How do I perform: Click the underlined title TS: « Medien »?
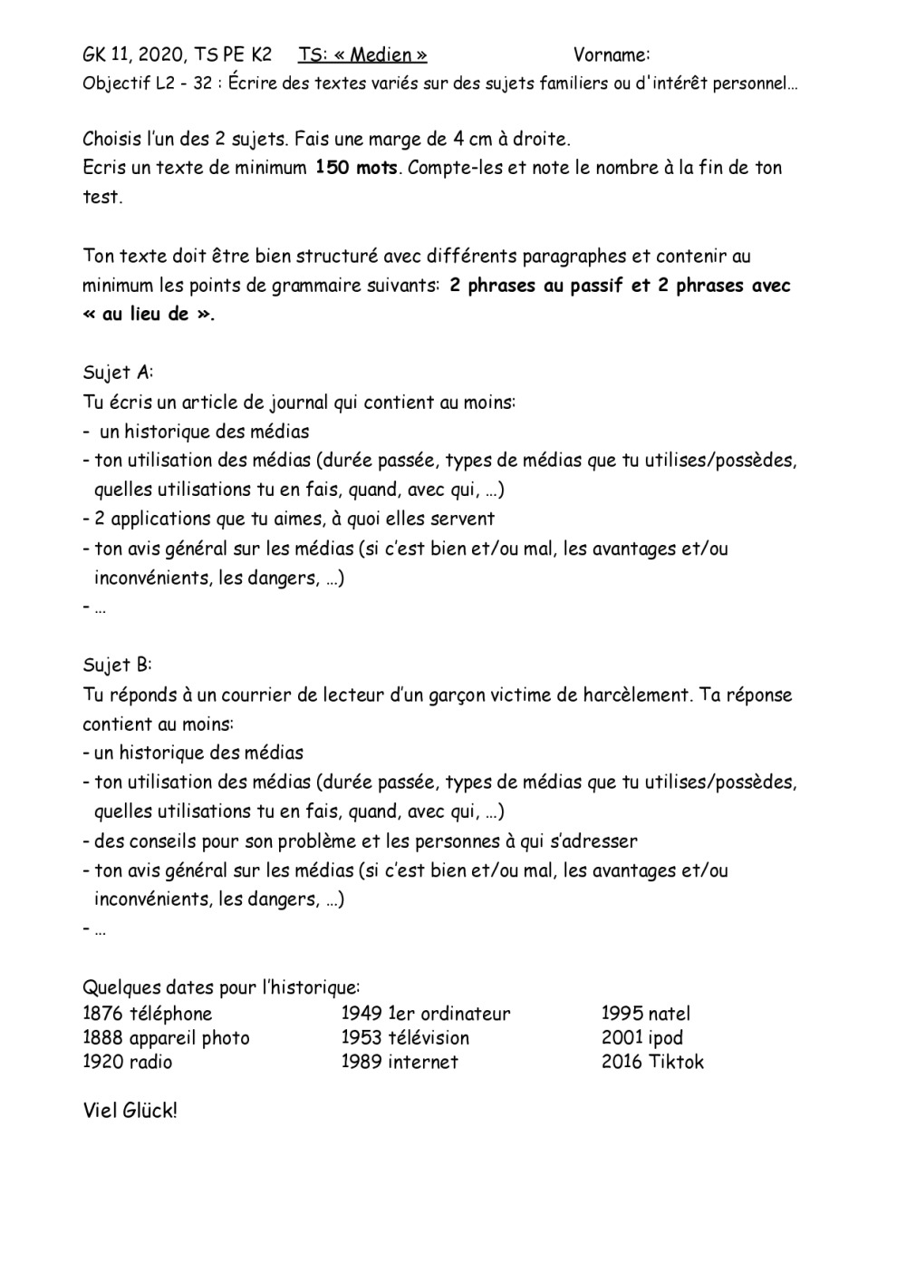(362, 54)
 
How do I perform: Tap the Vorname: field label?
(612, 54)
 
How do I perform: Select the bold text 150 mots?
(356, 168)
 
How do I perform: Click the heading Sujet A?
(118, 373)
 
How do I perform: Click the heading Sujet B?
(118, 665)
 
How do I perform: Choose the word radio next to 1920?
(150, 1062)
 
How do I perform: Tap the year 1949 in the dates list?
(361, 1014)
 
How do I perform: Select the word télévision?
(429, 1037)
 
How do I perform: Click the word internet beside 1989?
(423, 1062)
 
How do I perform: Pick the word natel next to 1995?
(670, 1014)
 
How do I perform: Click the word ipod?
(666, 1037)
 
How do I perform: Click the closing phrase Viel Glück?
(130, 1110)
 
